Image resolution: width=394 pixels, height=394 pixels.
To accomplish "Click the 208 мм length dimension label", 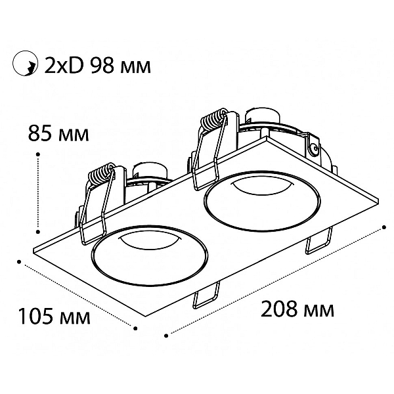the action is tap(297, 309).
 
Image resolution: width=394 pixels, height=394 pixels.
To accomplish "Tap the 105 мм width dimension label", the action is tap(55, 316).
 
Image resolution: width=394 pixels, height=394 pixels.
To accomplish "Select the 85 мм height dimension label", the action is tap(58, 133).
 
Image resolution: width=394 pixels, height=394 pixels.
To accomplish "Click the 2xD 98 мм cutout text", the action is tap(97, 66).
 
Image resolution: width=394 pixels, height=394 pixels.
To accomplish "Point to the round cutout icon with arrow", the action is tap(25, 63).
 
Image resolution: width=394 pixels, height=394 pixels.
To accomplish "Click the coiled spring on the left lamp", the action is tap(100, 174).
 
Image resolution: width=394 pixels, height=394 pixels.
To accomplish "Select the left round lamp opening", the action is tap(150, 255).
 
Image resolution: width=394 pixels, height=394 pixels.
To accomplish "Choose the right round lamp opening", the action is tap(263, 201).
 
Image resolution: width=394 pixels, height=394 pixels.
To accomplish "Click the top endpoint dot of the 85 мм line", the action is tap(38, 154).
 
